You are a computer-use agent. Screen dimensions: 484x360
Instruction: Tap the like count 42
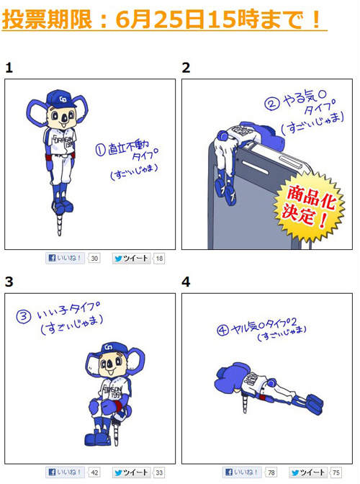(95, 472)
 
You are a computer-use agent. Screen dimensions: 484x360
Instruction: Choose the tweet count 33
(159, 472)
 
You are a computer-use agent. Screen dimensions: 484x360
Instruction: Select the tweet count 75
(336, 472)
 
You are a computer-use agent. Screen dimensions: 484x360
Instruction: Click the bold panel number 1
(9, 68)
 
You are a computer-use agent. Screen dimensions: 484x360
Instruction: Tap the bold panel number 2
(186, 68)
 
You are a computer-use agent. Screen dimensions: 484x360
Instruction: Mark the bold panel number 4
(186, 282)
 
